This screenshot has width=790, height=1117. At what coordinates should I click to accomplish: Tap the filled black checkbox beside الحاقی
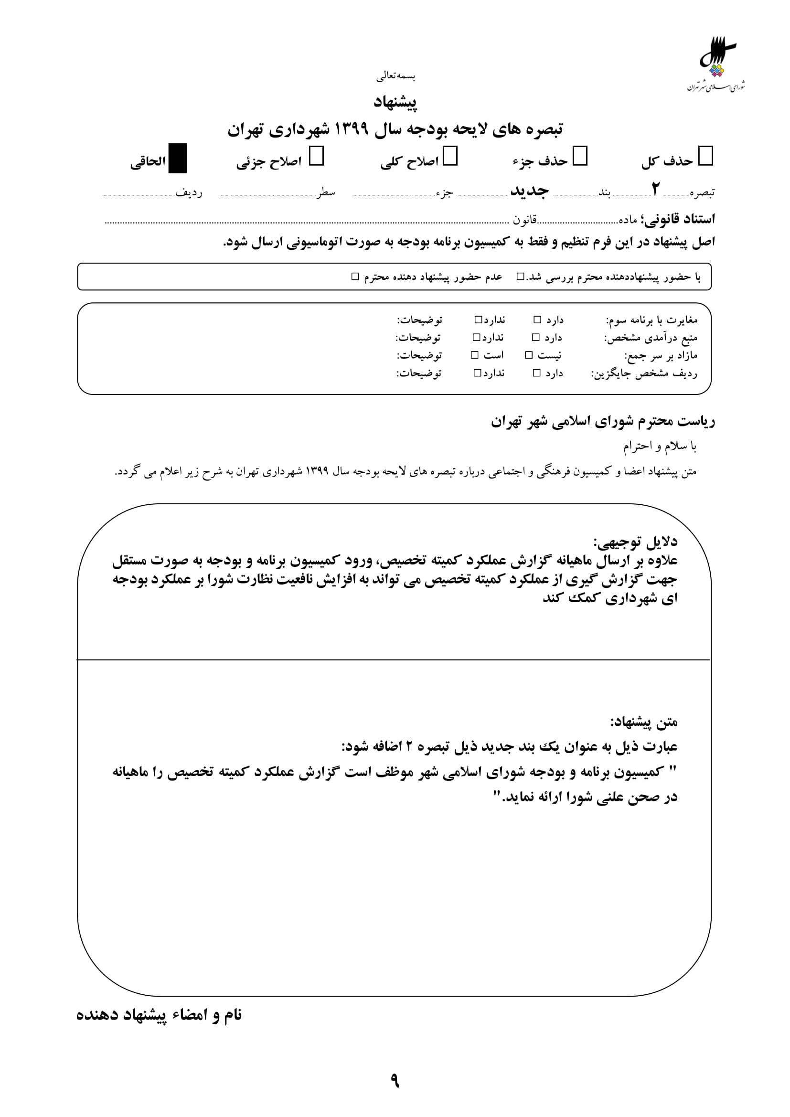(x=178, y=158)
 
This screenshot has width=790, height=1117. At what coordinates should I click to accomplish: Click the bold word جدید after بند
(x=529, y=191)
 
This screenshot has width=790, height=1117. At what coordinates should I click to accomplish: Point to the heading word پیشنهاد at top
(x=395, y=102)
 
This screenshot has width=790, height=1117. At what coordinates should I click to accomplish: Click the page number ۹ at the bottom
(x=395, y=1081)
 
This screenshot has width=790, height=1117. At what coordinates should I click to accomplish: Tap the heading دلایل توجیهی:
(x=635, y=542)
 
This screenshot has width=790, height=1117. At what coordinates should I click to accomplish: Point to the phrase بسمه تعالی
(x=395, y=76)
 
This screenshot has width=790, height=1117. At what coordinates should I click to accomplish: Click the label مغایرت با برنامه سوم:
(x=651, y=320)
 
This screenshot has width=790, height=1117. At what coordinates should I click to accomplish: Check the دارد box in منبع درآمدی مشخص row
(x=535, y=338)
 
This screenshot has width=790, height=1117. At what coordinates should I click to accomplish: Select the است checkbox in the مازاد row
(x=475, y=356)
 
